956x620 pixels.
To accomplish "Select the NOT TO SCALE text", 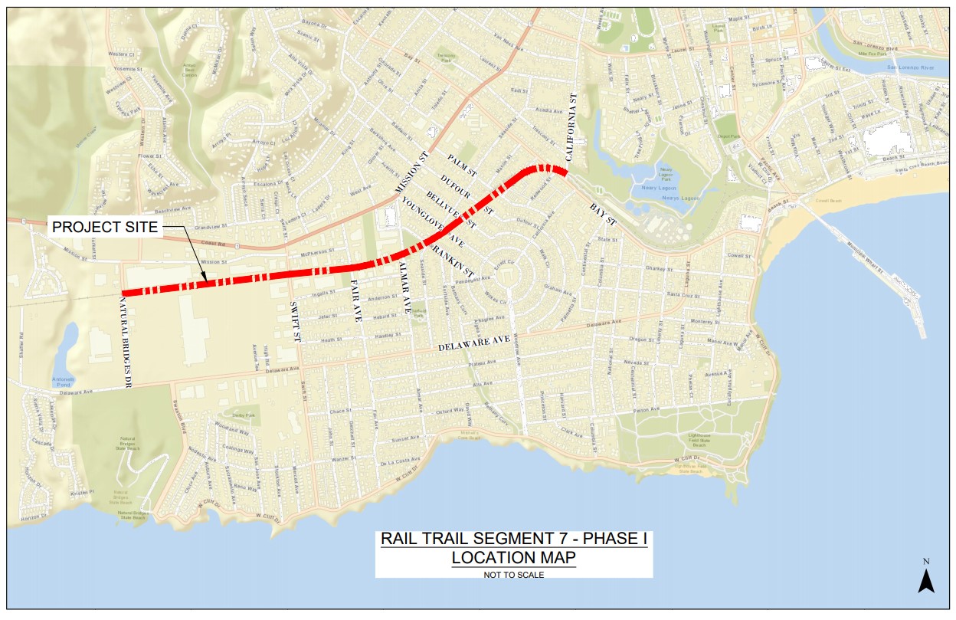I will coord(513,575).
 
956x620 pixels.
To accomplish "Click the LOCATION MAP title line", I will coord(513,557).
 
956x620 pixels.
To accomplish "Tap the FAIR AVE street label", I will coord(355,300).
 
